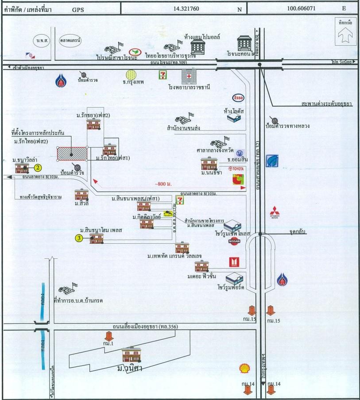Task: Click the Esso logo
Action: pyautogui.click(x=236, y=98)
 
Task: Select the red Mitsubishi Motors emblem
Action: pyautogui.click(x=275, y=212)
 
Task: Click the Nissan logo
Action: pyautogui.click(x=234, y=242)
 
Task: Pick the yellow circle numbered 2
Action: pyautogui.click(x=39, y=168)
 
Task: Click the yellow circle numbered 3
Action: pyautogui.click(x=79, y=238)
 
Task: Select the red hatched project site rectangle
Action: pyautogui.click(x=72, y=154)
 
